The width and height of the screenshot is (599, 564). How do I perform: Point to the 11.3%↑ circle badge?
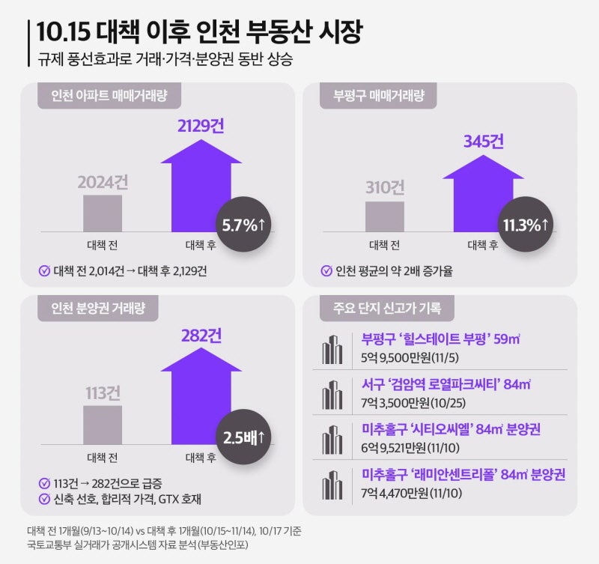[x=525, y=223]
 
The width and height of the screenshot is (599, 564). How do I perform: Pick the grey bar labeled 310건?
[x=384, y=216]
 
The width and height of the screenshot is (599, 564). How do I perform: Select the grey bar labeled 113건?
[x=103, y=425]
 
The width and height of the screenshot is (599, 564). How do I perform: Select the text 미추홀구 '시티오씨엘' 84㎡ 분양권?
[x=451, y=430]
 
